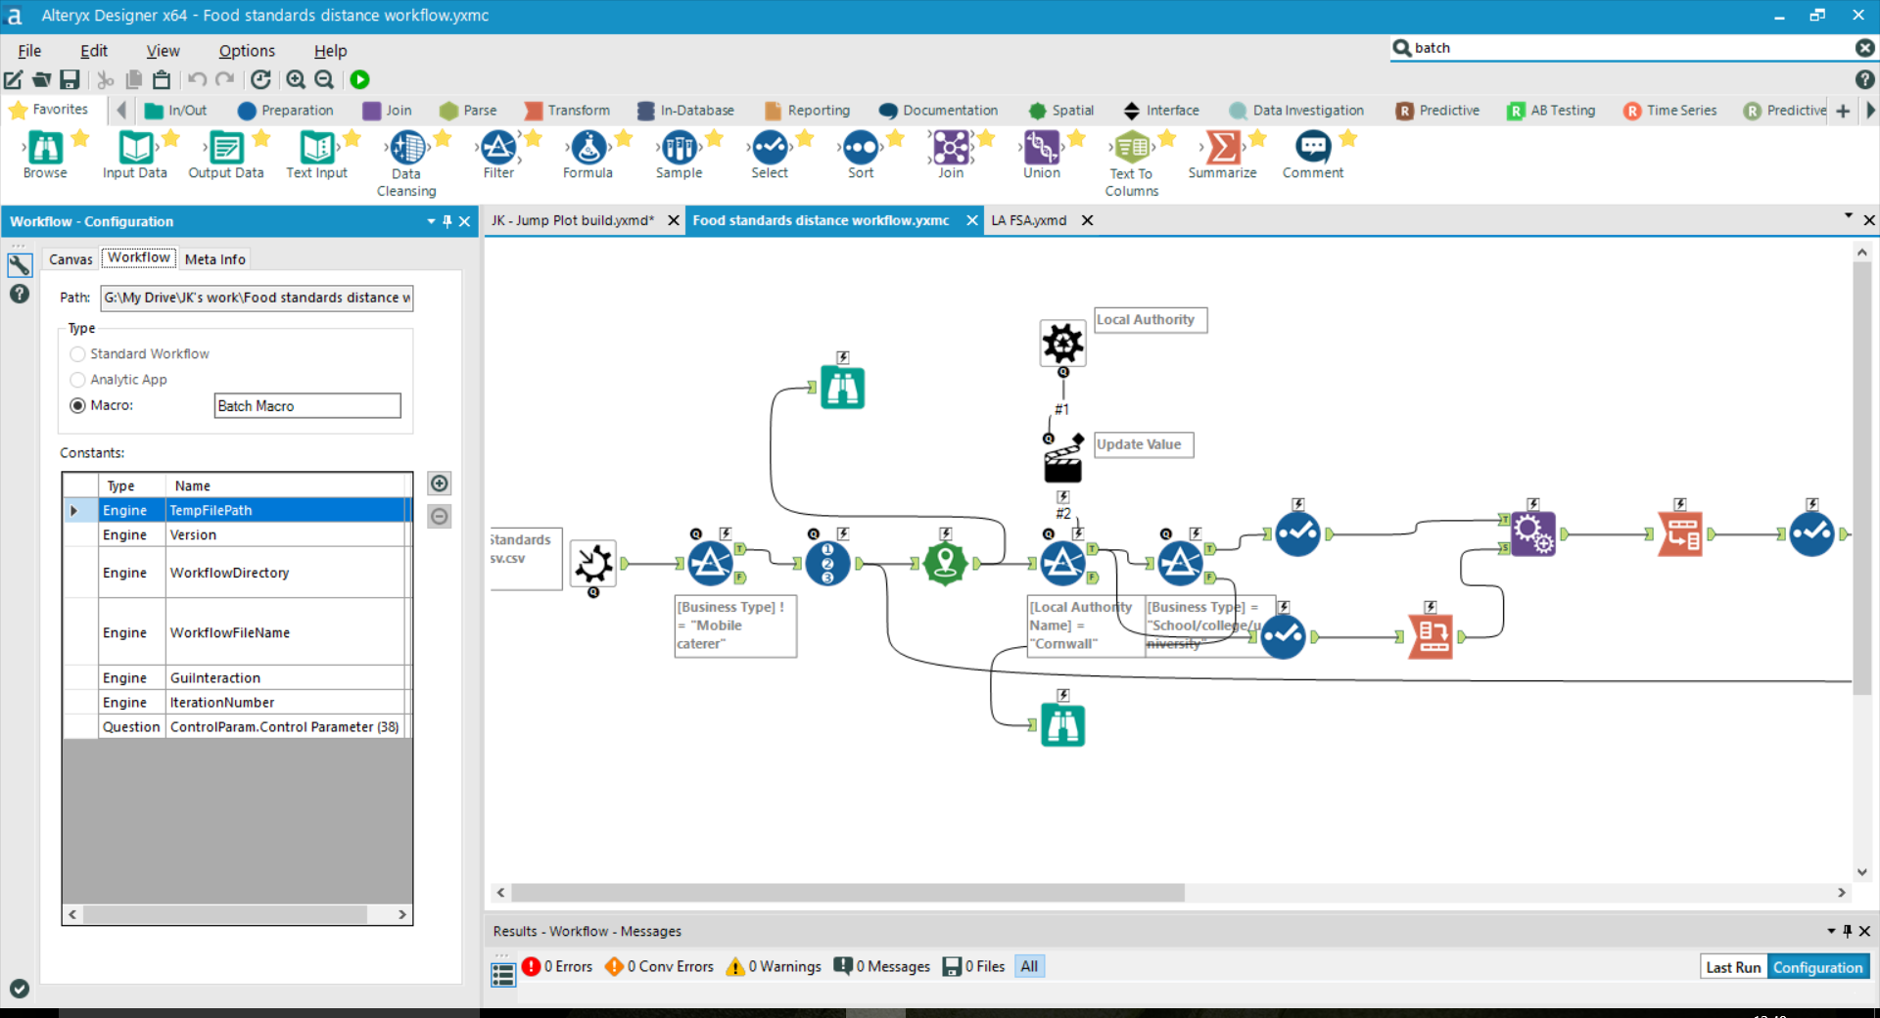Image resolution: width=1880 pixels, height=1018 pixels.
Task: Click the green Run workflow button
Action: click(x=360, y=80)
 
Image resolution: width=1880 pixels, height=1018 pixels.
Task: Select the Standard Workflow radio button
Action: click(x=78, y=354)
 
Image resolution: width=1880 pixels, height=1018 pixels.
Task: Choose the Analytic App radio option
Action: click(x=78, y=380)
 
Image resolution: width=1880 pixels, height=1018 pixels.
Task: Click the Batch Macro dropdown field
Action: click(x=306, y=406)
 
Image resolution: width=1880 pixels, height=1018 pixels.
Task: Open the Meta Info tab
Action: click(x=214, y=259)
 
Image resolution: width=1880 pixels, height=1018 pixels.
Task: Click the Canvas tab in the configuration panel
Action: click(x=70, y=259)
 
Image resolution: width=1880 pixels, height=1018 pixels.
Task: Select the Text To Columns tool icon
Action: click(x=1132, y=149)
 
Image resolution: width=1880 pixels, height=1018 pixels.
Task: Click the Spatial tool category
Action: click(x=1061, y=111)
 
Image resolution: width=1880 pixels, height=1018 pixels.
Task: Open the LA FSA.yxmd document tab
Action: click(x=1028, y=221)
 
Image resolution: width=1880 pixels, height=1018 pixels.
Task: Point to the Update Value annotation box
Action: click(x=1143, y=444)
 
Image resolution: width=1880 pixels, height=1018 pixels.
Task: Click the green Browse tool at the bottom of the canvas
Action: click(x=1062, y=726)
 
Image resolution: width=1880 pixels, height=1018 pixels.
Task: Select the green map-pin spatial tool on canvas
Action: click(x=945, y=564)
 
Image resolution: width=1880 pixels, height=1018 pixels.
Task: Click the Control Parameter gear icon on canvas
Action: click(x=1062, y=344)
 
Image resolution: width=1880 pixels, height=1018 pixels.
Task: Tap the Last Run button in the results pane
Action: click(x=1733, y=967)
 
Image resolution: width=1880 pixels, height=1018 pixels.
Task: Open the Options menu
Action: click(x=247, y=51)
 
